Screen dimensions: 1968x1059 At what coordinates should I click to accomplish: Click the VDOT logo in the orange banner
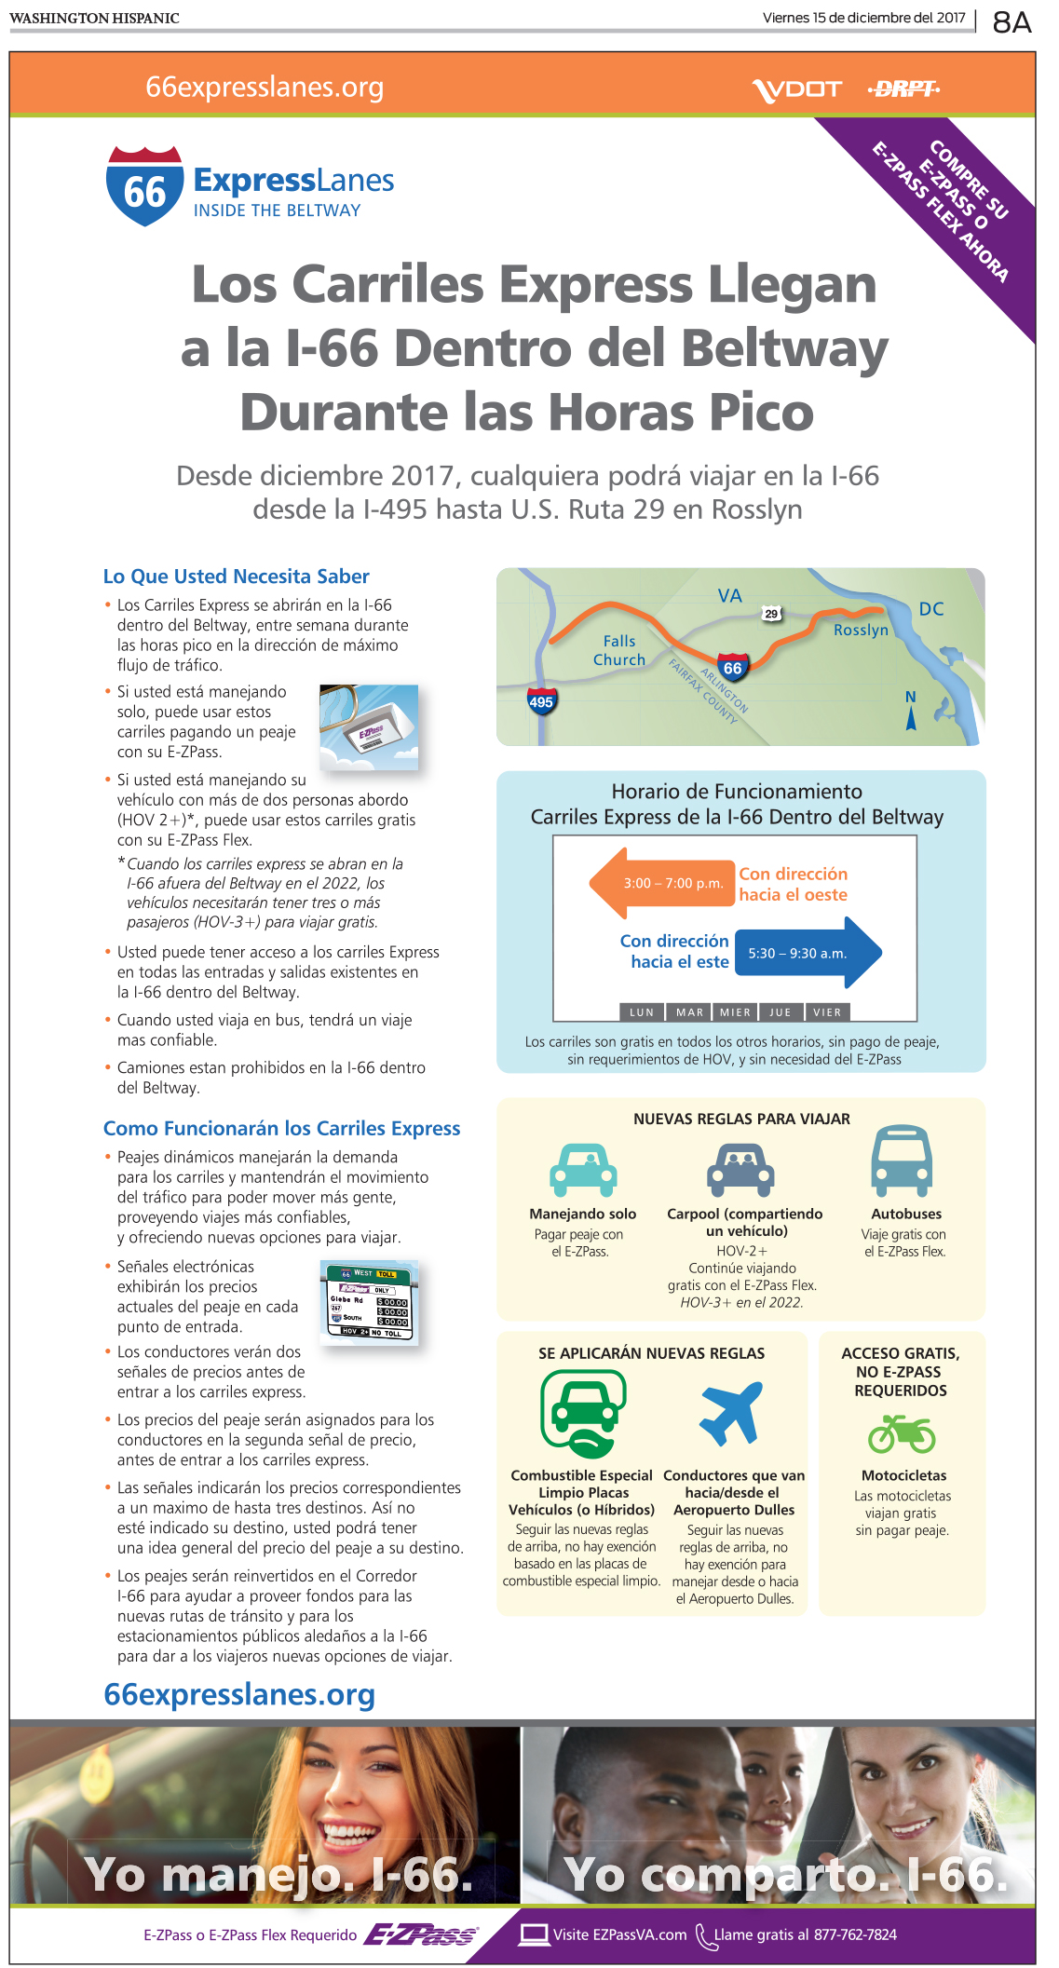point(796,89)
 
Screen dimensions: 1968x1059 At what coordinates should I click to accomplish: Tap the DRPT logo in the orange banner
point(903,88)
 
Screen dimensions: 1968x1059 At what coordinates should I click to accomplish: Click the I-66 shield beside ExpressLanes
point(144,186)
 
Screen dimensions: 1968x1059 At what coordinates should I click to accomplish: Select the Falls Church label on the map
point(619,650)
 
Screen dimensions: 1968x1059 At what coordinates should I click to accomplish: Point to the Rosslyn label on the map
point(861,631)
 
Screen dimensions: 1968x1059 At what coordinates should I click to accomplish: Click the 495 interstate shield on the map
point(541,701)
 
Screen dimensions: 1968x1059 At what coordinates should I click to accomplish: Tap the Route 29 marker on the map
point(771,614)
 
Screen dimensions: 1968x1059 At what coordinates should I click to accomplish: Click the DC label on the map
point(931,609)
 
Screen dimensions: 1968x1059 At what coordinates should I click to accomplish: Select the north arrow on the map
point(911,711)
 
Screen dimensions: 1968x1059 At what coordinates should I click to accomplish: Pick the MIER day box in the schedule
point(735,1012)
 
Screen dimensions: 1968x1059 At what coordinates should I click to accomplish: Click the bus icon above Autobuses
point(902,1160)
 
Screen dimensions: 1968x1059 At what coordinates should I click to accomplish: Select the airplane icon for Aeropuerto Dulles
point(731,1414)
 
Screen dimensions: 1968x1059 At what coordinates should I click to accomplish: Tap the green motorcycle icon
point(902,1433)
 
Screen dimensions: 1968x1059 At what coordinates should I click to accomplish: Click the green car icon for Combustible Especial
point(583,1414)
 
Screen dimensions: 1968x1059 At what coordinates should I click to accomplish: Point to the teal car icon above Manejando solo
point(583,1170)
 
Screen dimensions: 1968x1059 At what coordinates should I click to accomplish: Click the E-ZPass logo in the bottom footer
point(421,1934)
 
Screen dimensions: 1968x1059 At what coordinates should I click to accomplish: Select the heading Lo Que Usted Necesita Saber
point(237,577)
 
